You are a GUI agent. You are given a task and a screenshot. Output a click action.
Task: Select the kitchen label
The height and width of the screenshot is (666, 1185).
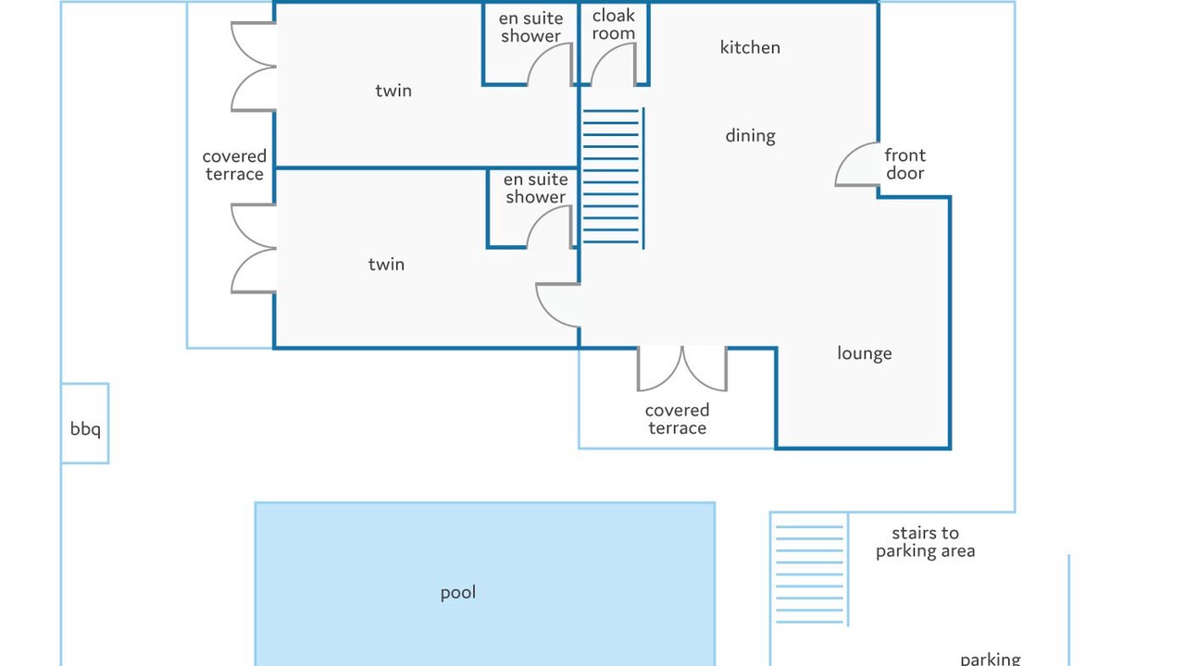coord(750,47)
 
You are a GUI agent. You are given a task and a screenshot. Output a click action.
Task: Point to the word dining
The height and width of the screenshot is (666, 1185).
coord(750,136)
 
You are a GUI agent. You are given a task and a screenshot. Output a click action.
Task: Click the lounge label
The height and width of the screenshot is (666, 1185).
coord(864,353)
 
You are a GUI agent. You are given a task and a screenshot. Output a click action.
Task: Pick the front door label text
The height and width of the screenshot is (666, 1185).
coord(904,165)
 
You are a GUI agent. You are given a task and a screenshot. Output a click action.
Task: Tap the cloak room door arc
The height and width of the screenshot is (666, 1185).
coord(613,65)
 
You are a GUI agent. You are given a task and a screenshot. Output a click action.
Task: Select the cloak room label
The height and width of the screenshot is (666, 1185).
coord(614,25)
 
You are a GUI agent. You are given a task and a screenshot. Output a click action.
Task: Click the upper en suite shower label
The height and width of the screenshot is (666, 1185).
coord(530,27)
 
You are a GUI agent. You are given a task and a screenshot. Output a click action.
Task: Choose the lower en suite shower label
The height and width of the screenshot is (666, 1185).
coord(535,188)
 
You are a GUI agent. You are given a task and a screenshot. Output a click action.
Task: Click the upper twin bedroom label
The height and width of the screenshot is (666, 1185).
coord(393,91)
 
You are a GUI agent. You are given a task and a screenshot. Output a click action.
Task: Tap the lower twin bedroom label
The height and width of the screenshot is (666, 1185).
coord(386,265)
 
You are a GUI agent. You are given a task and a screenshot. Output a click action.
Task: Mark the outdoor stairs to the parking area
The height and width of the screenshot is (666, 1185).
coord(809,573)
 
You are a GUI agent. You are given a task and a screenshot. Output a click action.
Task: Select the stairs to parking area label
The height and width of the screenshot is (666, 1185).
coord(925,542)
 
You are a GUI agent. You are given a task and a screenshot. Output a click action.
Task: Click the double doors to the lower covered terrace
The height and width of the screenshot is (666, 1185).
coord(682,368)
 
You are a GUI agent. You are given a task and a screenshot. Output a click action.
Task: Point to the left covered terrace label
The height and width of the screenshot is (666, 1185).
coord(234,166)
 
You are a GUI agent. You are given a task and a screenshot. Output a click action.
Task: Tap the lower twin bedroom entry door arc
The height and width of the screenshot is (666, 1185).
coord(558,305)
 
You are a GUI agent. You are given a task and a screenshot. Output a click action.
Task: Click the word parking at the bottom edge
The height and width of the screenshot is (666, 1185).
coord(990,659)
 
